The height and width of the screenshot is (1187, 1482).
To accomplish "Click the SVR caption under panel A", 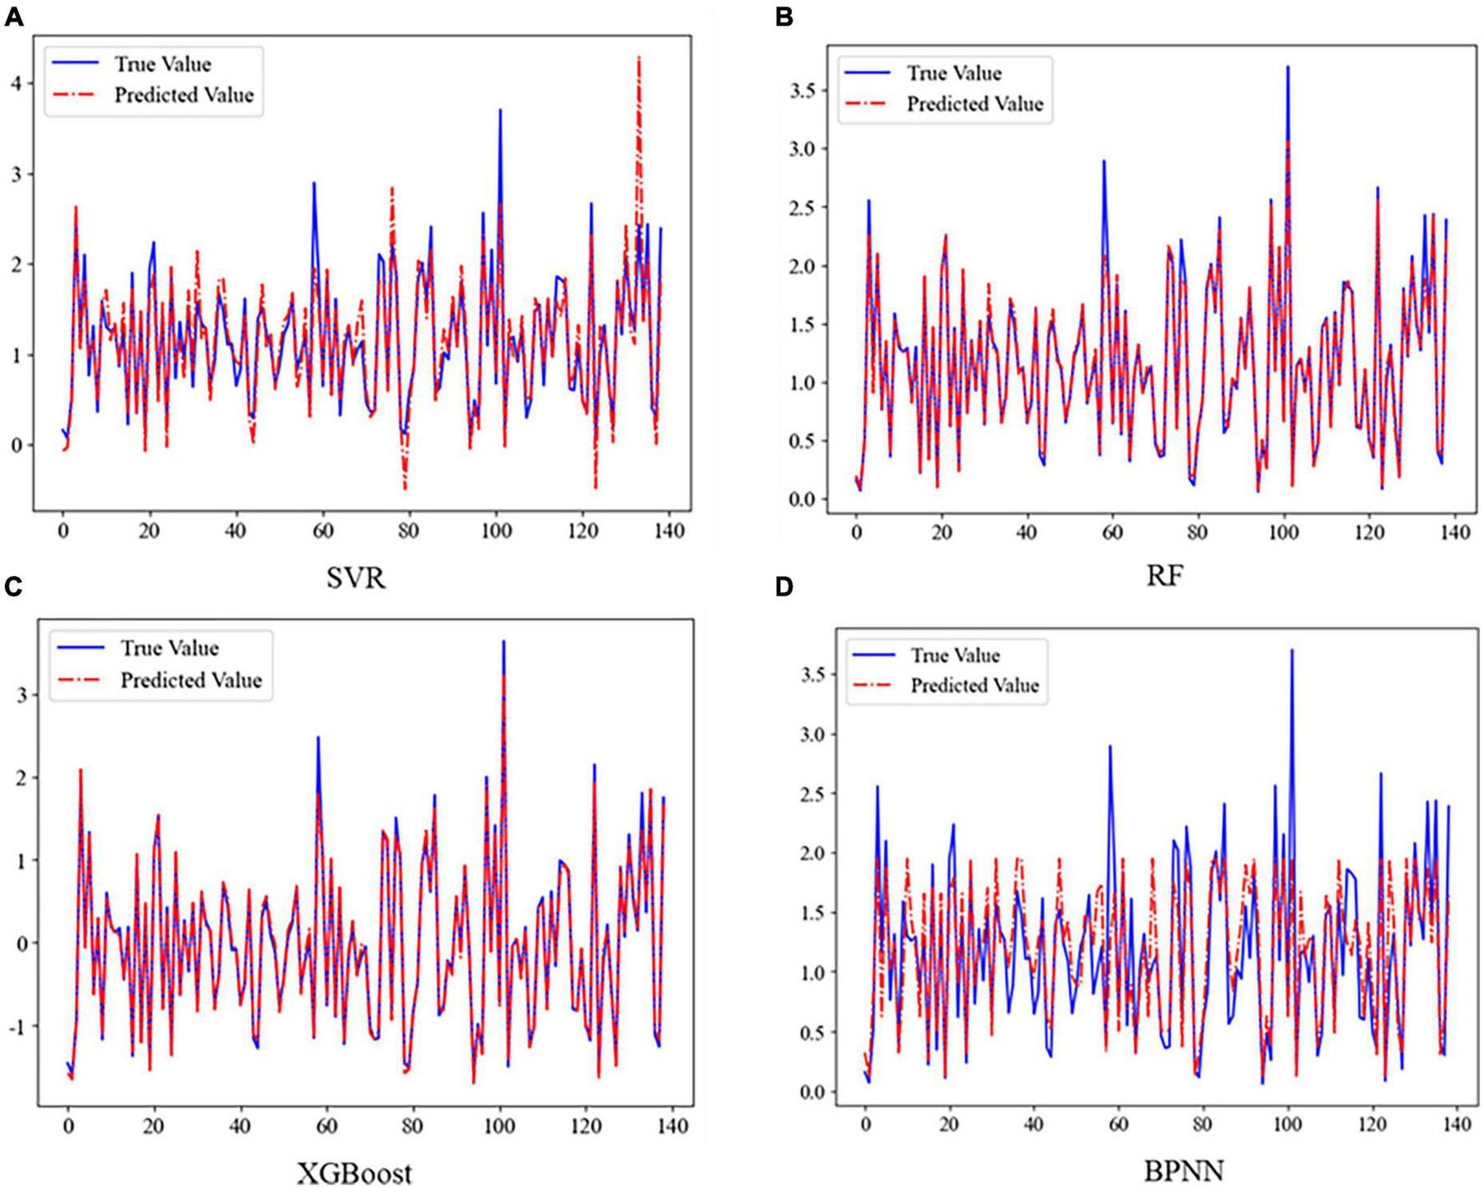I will tap(356, 578).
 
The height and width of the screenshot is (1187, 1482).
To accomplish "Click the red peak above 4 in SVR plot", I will tap(639, 58).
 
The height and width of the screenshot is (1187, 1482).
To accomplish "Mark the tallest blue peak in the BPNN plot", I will tap(1291, 651).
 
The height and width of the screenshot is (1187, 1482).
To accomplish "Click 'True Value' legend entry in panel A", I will tap(162, 64).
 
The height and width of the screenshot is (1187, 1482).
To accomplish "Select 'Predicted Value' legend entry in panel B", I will tap(974, 105).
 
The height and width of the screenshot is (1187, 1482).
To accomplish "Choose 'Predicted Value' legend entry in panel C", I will tap(191, 680).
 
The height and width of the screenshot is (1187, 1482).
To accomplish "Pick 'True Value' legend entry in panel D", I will tap(955, 655).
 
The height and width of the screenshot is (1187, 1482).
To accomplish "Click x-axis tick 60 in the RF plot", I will tap(1112, 532).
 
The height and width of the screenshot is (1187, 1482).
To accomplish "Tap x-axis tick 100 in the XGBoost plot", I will tap(499, 1126).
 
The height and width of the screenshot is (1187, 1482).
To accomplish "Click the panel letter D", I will tap(784, 587).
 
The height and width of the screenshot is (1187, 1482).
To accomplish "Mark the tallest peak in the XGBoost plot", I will tap(503, 642).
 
